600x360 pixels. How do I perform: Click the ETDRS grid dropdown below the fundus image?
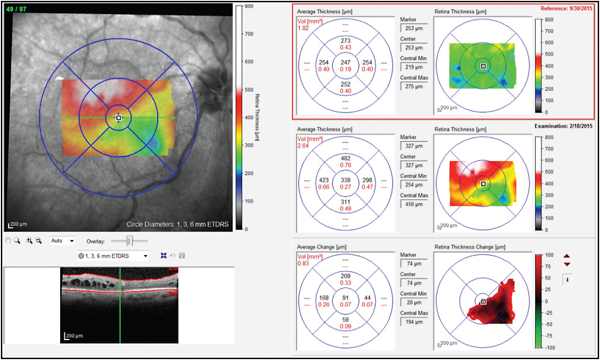[114, 256]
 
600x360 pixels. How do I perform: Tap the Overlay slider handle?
[129, 240]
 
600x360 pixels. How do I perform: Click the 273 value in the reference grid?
[345, 41]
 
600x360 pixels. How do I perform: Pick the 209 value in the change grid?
[345, 276]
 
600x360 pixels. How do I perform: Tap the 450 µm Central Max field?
[413, 205]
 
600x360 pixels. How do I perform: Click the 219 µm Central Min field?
[413, 67]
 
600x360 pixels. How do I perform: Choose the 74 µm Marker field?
[413, 263]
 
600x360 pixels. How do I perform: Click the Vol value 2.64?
[304, 146]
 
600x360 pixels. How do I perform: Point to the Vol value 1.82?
[304, 28]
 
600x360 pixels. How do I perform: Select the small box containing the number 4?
[567, 280]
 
